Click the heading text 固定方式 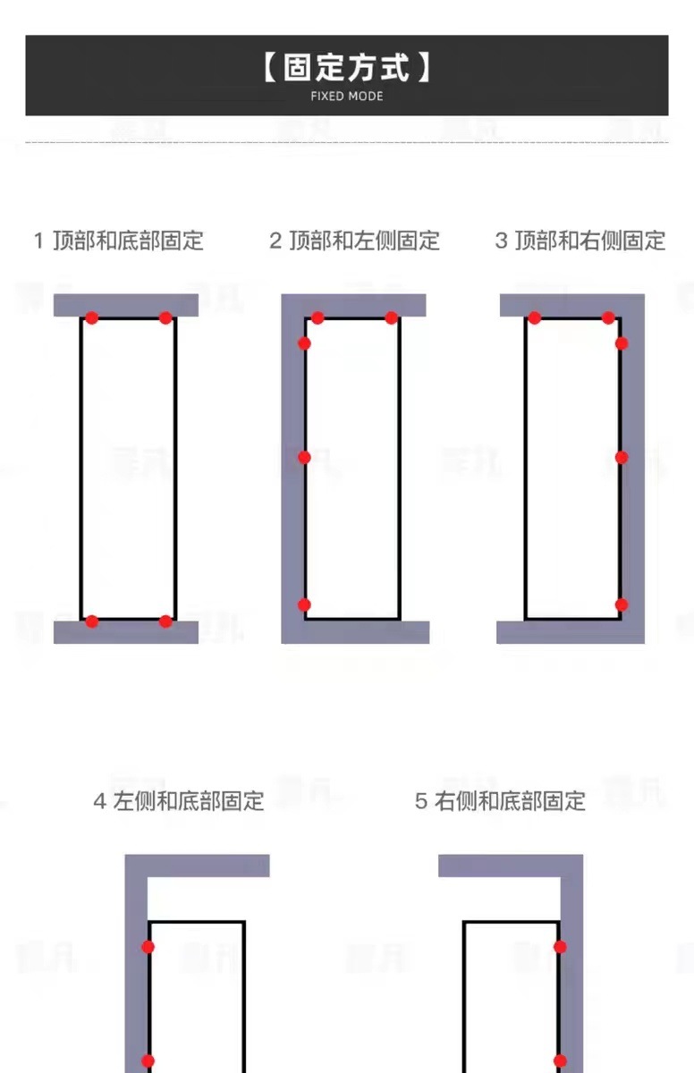click(x=347, y=68)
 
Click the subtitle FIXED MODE click(x=347, y=96)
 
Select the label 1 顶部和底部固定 click(x=119, y=241)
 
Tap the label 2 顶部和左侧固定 click(x=354, y=241)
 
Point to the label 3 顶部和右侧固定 click(x=580, y=241)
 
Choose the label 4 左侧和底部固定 click(x=179, y=800)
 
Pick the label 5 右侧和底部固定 click(x=500, y=800)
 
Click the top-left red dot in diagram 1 click(x=91, y=317)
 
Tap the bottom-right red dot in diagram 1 click(x=165, y=621)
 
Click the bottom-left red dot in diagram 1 click(x=91, y=621)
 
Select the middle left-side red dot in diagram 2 click(x=304, y=457)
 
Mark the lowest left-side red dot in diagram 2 click(x=304, y=604)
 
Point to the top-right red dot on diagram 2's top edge click(x=391, y=317)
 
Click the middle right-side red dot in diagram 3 click(x=622, y=457)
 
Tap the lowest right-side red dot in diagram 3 click(x=622, y=604)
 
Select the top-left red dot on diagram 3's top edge click(x=535, y=317)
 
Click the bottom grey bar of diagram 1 click(x=125, y=633)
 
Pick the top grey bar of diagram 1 click(x=125, y=304)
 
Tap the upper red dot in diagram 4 click(x=148, y=946)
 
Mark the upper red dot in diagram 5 click(x=560, y=946)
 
